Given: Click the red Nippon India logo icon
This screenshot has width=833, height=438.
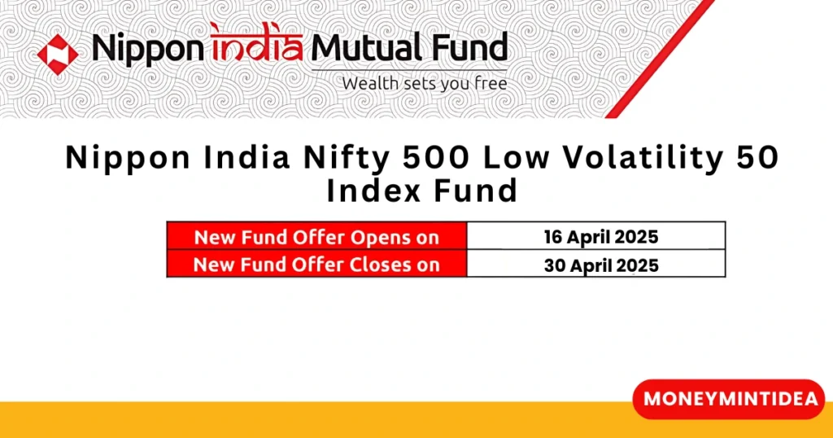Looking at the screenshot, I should coord(58,53).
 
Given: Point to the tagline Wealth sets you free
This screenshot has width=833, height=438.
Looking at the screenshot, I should coord(424,83).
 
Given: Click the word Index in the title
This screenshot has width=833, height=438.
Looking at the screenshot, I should coord(365,191).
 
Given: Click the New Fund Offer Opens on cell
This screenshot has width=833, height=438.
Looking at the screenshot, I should coord(316,238).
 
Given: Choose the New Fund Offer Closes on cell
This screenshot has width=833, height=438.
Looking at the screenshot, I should coord(316,265).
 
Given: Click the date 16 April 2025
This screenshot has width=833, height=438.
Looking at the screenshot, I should coord(600,238).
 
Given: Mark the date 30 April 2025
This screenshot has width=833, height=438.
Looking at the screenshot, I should coord(600,265).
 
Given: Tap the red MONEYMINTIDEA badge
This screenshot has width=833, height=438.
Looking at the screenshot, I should coord(729,399).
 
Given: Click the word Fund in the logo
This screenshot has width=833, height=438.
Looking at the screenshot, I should coord(474,48).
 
